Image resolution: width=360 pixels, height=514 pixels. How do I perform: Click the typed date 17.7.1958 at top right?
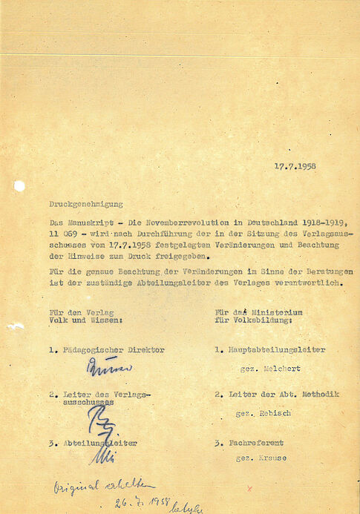click(x=294, y=165)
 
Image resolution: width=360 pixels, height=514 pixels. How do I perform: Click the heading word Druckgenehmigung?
click(x=85, y=202)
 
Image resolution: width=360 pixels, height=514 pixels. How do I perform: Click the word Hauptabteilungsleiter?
click(x=275, y=349)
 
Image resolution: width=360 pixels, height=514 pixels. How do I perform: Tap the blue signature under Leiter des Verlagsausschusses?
click(x=99, y=421)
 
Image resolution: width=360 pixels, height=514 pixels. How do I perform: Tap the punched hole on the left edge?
click(x=19, y=185)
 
